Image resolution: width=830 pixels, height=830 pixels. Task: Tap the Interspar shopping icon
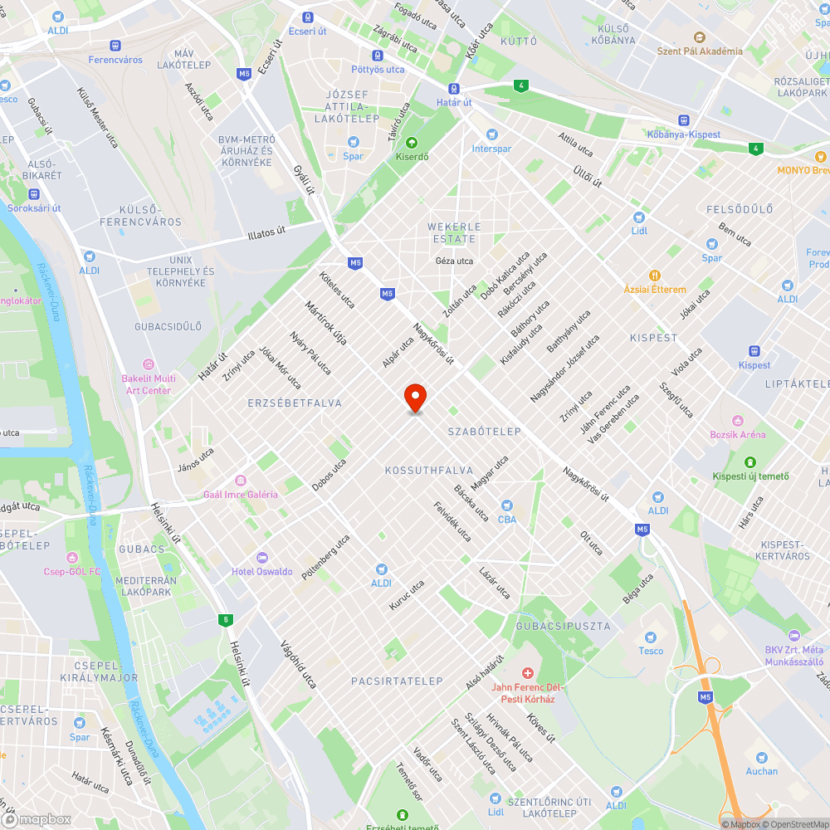tap(491, 134)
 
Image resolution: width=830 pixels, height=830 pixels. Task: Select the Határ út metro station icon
tap(454, 89)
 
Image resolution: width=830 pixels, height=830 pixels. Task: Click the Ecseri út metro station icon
tap(308, 17)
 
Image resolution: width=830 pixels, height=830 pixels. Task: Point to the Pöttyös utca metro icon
tap(378, 56)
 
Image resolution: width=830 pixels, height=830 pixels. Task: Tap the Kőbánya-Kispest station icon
tap(683, 120)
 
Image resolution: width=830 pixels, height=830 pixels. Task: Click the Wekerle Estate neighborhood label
tap(453, 232)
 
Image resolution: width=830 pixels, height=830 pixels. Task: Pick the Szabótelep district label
tap(484, 432)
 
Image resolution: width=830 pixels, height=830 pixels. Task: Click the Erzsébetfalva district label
tap(294, 403)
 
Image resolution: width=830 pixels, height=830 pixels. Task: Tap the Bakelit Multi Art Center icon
tap(149, 364)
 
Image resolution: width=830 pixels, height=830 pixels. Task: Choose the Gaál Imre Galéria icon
tap(241, 481)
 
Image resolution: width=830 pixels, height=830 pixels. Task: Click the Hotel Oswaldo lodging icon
tap(262, 558)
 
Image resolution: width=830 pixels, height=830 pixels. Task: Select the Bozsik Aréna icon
tap(737, 421)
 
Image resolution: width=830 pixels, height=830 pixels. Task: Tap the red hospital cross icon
tap(526, 672)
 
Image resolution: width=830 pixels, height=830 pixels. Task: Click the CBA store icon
tap(506, 505)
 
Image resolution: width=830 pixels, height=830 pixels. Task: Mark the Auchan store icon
tap(761, 757)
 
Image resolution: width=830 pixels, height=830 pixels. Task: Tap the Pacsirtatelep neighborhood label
tap(397, 681)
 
